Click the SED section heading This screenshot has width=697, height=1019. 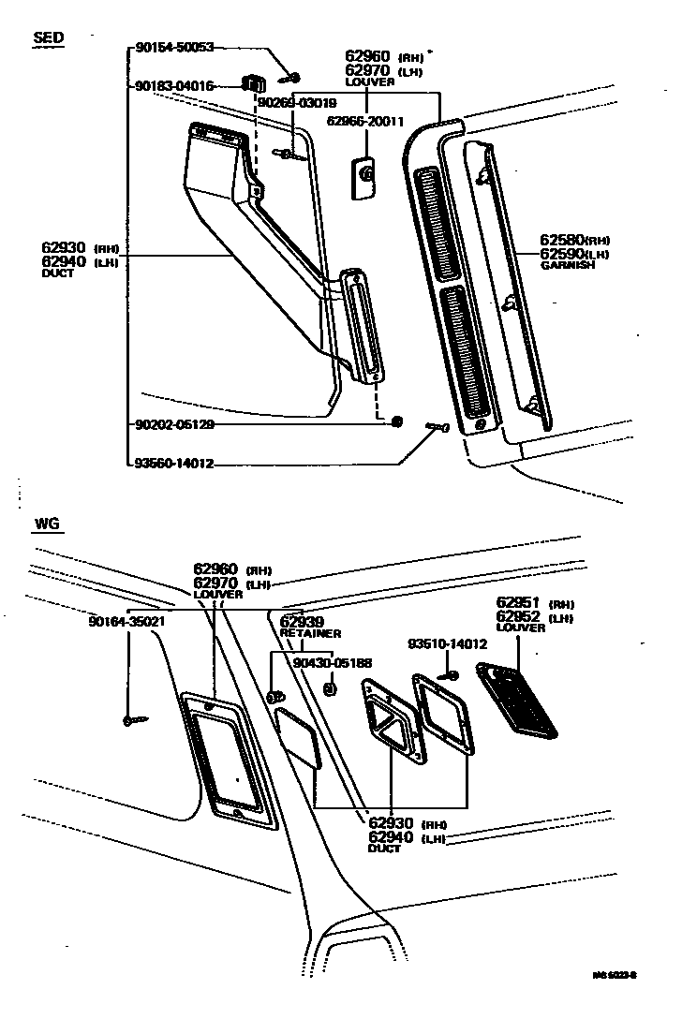click(48, 38)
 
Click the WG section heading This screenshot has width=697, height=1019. click(47, 524)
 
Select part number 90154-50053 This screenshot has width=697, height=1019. click(174, 46)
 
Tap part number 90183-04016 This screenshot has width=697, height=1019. click(174, 86)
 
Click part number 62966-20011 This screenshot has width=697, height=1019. click(364, 121)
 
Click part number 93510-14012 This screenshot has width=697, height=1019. click(447, 644)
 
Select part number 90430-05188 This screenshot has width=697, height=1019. click(333, 662)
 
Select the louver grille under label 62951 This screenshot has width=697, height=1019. click(516, 697)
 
